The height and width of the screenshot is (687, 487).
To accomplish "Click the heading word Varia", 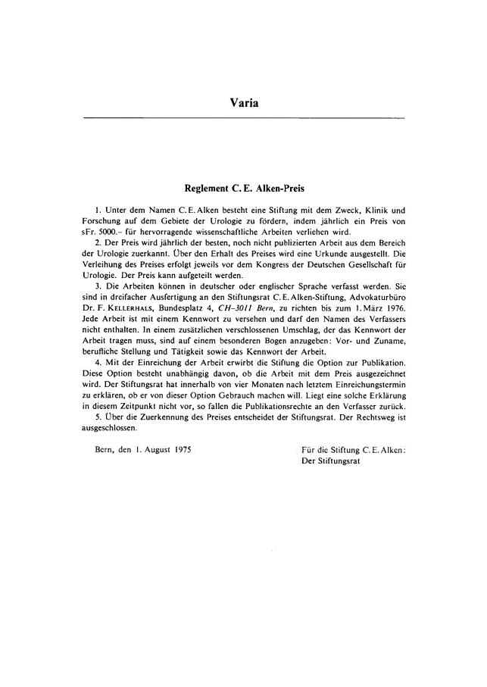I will [x=244, y=102].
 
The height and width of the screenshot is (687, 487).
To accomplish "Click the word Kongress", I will [x=248, y=264].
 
